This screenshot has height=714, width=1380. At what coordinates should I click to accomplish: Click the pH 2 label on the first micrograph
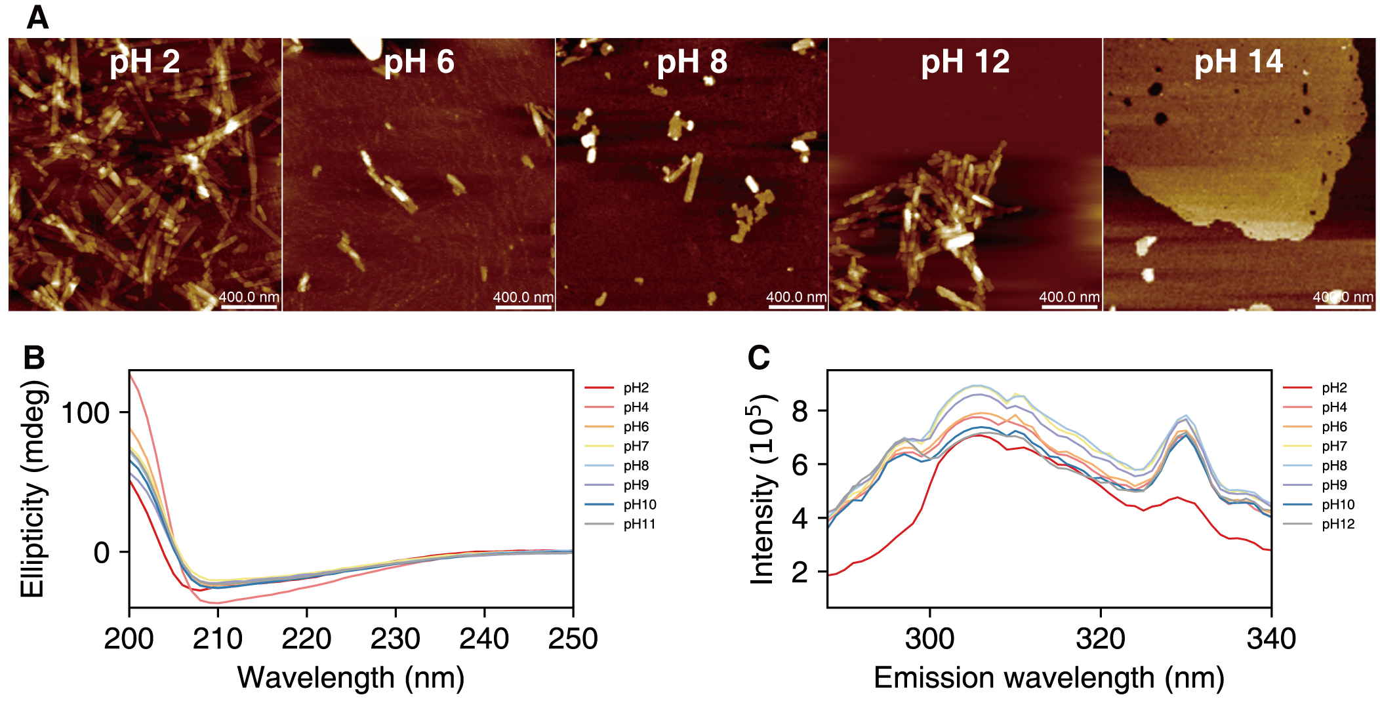click(144, 62)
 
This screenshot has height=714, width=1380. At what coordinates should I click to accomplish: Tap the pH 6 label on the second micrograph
click(418, 62)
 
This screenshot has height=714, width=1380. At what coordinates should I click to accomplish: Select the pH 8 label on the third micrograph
click(692, 62)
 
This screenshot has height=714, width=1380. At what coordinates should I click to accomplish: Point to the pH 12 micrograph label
click(965, 62)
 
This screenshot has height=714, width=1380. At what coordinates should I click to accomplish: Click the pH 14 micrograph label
click(1238, 62)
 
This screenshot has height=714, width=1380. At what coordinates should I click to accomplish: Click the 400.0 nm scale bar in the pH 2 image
click(249, 306)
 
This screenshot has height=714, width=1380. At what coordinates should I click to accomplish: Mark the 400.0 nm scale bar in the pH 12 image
click(1069, 306)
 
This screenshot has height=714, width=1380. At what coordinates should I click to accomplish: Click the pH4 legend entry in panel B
click(636, 407)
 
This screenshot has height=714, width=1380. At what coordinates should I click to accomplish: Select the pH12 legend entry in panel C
click(1338, 524)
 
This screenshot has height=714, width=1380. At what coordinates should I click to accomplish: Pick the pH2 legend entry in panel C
click(1334, 387)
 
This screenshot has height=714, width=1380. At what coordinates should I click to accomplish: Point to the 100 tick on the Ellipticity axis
click(85, 413)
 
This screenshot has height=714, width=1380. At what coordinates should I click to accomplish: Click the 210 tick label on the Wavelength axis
click(218, 639)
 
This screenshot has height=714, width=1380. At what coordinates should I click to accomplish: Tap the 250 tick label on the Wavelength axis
click(573, 639)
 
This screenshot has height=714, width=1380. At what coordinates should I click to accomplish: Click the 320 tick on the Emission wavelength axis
click(1101, 639)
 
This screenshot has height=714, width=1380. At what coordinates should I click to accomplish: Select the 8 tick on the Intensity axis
click(800, 411)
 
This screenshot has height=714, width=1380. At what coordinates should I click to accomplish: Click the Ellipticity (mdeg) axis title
click(33, 489)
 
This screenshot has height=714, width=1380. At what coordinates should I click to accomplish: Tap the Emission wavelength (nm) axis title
click(1049, 678)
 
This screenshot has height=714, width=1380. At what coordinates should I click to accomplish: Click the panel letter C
click(759, 359)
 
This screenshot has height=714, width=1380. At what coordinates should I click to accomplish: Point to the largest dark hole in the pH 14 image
click(1160, 119)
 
